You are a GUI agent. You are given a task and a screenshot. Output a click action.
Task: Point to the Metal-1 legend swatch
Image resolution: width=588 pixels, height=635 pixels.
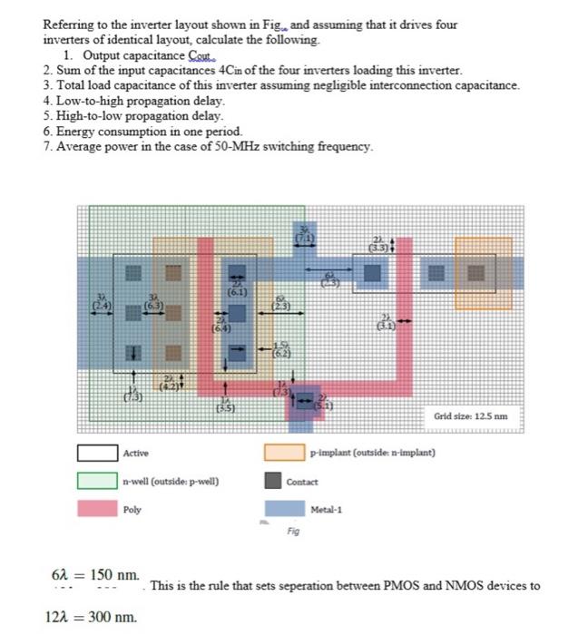point(284,509)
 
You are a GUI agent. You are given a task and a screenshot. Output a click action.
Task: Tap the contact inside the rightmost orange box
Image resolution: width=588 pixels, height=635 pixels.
point(475,271)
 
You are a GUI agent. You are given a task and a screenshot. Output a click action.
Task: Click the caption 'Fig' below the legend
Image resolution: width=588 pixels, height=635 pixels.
point(293,531)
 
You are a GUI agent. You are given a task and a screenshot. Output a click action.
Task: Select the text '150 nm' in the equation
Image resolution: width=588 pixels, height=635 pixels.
point(115,575)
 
